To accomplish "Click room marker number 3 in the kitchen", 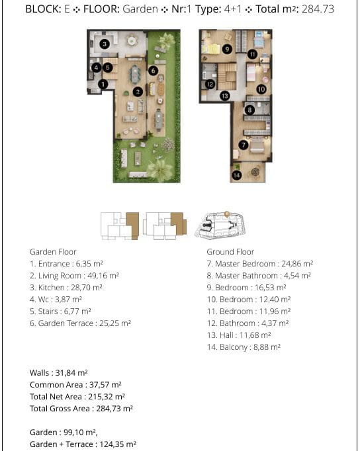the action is pyautogui.click(x=105, y=44).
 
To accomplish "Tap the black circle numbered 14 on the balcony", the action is pyautogui.click(x=236, y=175).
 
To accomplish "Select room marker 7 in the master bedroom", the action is pyautogui.click(x=244, y=145).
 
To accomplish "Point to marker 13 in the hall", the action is pyautogui.click(x=225, y=96).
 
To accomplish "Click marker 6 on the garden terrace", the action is pyautogui.click(x=153, y=71).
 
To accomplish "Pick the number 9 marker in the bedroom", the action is pyautogui.click(x=227, y=49).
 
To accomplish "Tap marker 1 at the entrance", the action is pyautogui.click(x=103, y=84).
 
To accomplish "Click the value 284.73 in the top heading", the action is pyautogui.click(x=318, y=9).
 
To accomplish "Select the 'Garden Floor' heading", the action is pyautogui.click(x=53, y=252).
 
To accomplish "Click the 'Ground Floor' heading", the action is pyautogui.click(x=230, y=252).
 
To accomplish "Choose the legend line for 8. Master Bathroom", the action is pyautogui.click(x=259, y=276).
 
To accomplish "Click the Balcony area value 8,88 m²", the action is pyautogui.click(x=267, y=347).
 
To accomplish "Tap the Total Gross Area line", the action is pyautogui.click(x=81, y=409).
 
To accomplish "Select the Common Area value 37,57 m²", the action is pyautogui.click(x=105, y=385).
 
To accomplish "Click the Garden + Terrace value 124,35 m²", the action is pyautogui.click(x=118, y=444).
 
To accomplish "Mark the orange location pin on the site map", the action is pyautogui.click(x=227, y=214).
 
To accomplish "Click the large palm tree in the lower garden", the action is pyautogui.click(x=159, y=170).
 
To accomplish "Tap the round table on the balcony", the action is pyautogui.click(x=255, y=172).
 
